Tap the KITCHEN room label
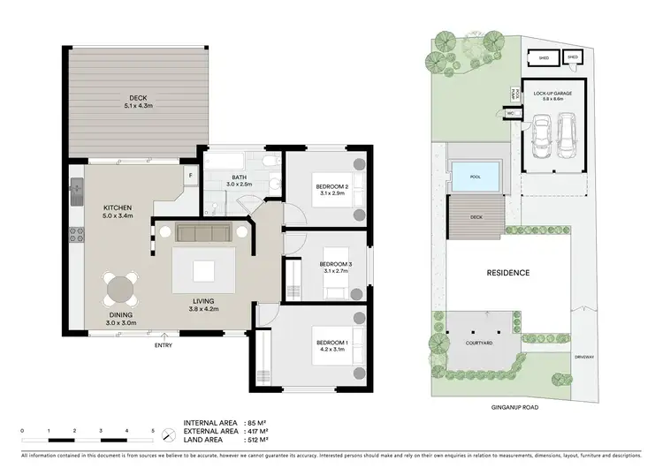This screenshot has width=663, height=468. (117, 209)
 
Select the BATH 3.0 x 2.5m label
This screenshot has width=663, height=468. (240, 181)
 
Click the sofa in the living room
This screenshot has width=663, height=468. (204, 233)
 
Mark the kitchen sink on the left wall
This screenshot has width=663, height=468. (75, 188)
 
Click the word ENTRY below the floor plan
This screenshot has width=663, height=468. (163, 345)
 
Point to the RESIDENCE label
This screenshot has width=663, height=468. (507, 273)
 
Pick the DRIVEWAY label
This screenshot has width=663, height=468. (584, 357)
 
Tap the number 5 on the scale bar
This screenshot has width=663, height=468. (153, 430)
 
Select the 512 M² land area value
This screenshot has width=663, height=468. (256, 439)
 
